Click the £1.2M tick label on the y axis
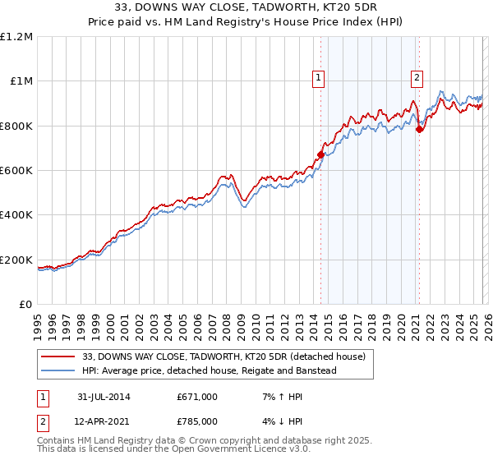(x=16, y=37)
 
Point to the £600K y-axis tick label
(x=16, y=171)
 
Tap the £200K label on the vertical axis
(x=16, y=260)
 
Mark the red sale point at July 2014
(x=320, y=154)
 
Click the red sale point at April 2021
(x=419, y=129)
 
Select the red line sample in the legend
(x=59, y=356)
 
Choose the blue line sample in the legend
(x=59, y=370)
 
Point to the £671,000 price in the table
(x=197, y=398)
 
